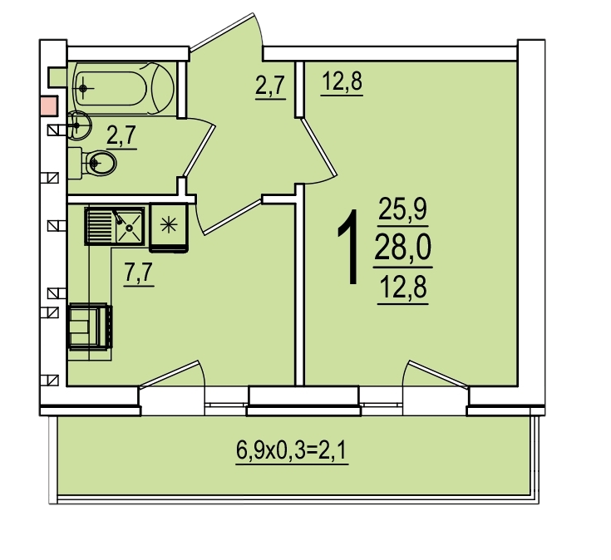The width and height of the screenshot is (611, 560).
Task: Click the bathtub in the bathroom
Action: coord(123,88)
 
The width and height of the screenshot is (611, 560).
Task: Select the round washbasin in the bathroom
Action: coord(79,125)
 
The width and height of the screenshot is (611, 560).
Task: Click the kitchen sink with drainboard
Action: coord(114,226)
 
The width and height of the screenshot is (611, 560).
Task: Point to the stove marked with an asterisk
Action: coord(169,228)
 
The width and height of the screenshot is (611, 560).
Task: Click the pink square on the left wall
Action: coord(50,106)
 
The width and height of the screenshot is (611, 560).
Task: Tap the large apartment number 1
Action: coord(348,247)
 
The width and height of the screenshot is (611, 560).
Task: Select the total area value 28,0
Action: coord(403,248)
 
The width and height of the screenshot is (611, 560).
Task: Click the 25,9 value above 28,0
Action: coord(403,209)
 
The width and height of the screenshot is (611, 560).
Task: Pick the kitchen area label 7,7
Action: coord(139,272)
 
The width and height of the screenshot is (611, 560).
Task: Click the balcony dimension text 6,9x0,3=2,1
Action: coord(292,450)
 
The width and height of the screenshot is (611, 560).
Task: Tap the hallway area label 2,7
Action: coord(271,86)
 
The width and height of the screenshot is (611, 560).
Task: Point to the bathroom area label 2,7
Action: coord(121,135)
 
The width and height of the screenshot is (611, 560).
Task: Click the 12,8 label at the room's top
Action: coord(342,81)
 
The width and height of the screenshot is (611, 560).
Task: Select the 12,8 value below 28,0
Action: coord(403,287)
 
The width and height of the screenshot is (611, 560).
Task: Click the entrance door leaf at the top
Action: coord(221,32)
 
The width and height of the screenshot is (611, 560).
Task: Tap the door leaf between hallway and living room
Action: coord(318,147)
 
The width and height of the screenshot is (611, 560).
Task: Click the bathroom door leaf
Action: coord(200,150)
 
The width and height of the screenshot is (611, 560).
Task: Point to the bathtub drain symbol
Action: coord(82,89)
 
